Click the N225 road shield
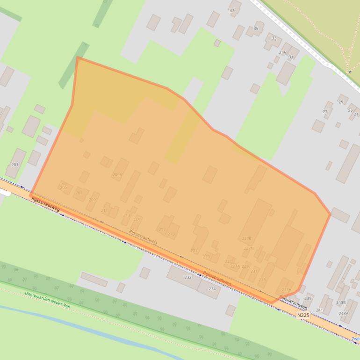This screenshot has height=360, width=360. [x=303, y=315]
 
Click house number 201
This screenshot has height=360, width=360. [x=15, y=165]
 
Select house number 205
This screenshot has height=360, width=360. [x=64, y=187]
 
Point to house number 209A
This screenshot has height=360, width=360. [x=117, y=175]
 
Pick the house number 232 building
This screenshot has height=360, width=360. [x=188, y=277]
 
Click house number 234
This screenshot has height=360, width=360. [x=212, y=288]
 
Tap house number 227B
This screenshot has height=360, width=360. [x=247, y=238]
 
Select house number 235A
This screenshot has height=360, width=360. [x=286, y=289]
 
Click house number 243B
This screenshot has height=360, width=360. [x=341, y=302]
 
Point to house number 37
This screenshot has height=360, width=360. [x=232, y=10]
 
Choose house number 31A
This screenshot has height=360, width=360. [x=282, y=52]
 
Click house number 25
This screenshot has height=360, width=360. [x=340, y=102]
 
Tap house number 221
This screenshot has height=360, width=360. [x=194, y=251]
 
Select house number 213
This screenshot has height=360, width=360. [x=127, y=215]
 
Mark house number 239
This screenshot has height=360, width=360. [x=308, y=298]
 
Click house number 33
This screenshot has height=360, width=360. [x=274, y=38]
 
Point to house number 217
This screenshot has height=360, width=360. [x=162, y=230]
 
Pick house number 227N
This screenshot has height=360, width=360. [x=248, y=248]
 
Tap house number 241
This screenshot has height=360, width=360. [x=319, y=310]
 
